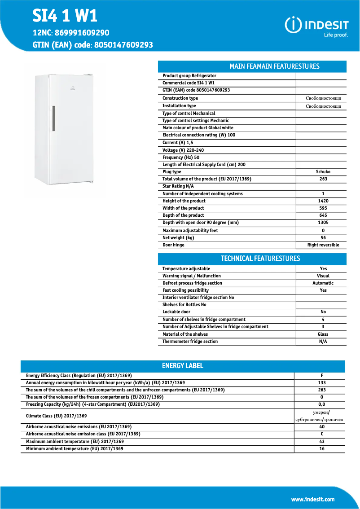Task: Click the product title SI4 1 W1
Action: click(x=65, y=16)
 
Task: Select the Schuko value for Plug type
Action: click(x=323, y=172)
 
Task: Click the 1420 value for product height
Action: click(x=323, y=201)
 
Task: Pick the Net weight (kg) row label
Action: click(x=178, y=238)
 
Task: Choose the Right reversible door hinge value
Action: click(x=323, y=245)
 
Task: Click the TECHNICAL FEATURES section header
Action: click(x=260, y=259)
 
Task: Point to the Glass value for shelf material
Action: click(x=323, y=334)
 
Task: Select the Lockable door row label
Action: click(x=176, y=312)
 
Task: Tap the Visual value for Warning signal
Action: click(x=323, y=276)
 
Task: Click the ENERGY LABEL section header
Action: click(x=182, y=366)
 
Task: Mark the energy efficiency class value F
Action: click(x=322, y=376)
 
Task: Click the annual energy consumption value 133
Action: click(x=322, y=383)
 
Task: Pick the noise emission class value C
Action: click(x=322, y=434)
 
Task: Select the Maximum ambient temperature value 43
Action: click(x=322, y=442)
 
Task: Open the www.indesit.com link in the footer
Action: click(x=312, y=499)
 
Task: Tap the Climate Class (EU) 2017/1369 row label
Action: click(x=57, y=416)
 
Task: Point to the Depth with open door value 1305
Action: click(x=323, y=223)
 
